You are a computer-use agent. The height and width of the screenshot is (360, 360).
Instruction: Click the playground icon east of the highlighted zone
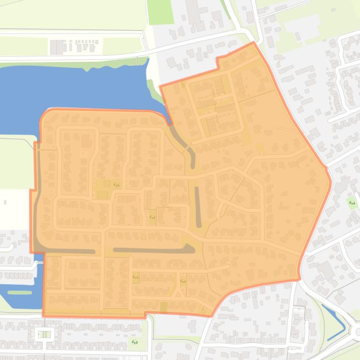352,203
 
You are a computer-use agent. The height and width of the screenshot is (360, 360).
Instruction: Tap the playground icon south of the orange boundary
135,342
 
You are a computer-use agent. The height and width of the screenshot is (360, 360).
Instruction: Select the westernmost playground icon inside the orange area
116,185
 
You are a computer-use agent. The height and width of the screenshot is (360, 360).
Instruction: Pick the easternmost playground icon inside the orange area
183,281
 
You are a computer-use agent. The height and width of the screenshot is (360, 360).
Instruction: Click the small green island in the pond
20,293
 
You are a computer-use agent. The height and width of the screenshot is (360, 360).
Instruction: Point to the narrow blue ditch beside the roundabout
335,323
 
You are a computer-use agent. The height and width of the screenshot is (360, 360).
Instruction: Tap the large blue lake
70,89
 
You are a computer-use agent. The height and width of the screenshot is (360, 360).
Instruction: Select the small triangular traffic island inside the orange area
178,294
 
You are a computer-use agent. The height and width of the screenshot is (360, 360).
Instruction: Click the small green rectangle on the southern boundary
163,308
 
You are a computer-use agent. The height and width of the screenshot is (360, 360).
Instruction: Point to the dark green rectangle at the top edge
160,12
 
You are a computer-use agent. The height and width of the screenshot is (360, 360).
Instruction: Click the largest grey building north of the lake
56,47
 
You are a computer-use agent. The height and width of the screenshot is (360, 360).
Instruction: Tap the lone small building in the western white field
5,202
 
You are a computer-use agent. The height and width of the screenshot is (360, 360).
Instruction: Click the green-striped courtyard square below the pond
44,334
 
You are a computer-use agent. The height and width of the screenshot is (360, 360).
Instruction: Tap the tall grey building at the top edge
193,12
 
